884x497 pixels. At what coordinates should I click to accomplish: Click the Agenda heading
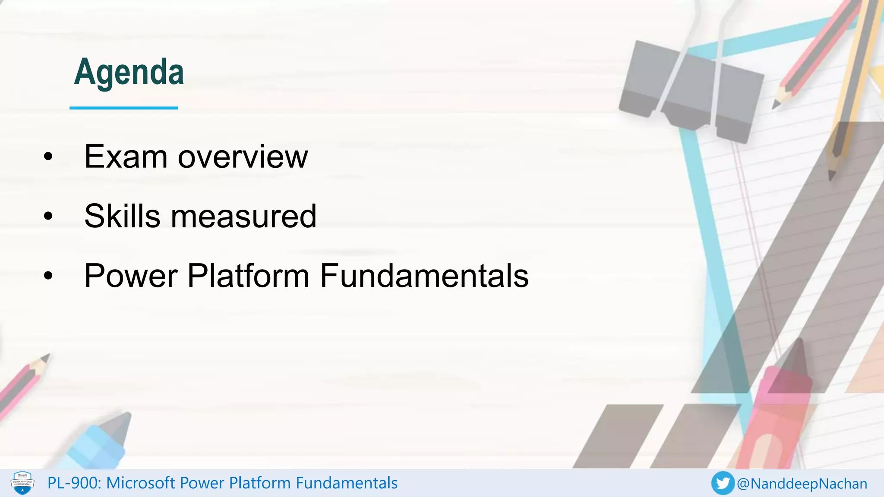[x=129, y=72]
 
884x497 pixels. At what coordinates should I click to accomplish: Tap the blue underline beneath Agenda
[x=123, y=107]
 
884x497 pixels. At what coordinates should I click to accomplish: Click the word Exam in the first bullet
[x=126, y=157]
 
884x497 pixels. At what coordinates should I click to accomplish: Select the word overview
[x=243, y=157]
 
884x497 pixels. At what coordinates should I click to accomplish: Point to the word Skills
[x=122, y=216]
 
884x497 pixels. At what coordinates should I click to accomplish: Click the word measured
[x=244, y=216]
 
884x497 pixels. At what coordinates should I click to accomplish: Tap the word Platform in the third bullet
[x=248, y=276]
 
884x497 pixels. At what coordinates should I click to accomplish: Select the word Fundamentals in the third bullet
[x=424, y=276]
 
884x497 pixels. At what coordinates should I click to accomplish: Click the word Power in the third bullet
[x=130, y=276]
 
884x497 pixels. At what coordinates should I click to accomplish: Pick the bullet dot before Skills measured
[x=48, y=217]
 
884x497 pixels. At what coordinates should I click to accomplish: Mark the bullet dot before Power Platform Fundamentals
[x=48, y=276]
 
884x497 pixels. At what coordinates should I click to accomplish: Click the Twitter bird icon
[x=723, y=483]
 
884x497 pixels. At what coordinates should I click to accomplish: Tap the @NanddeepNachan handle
[x=802, y=484]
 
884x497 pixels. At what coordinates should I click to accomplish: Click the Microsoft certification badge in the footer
[x=22, y=483]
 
